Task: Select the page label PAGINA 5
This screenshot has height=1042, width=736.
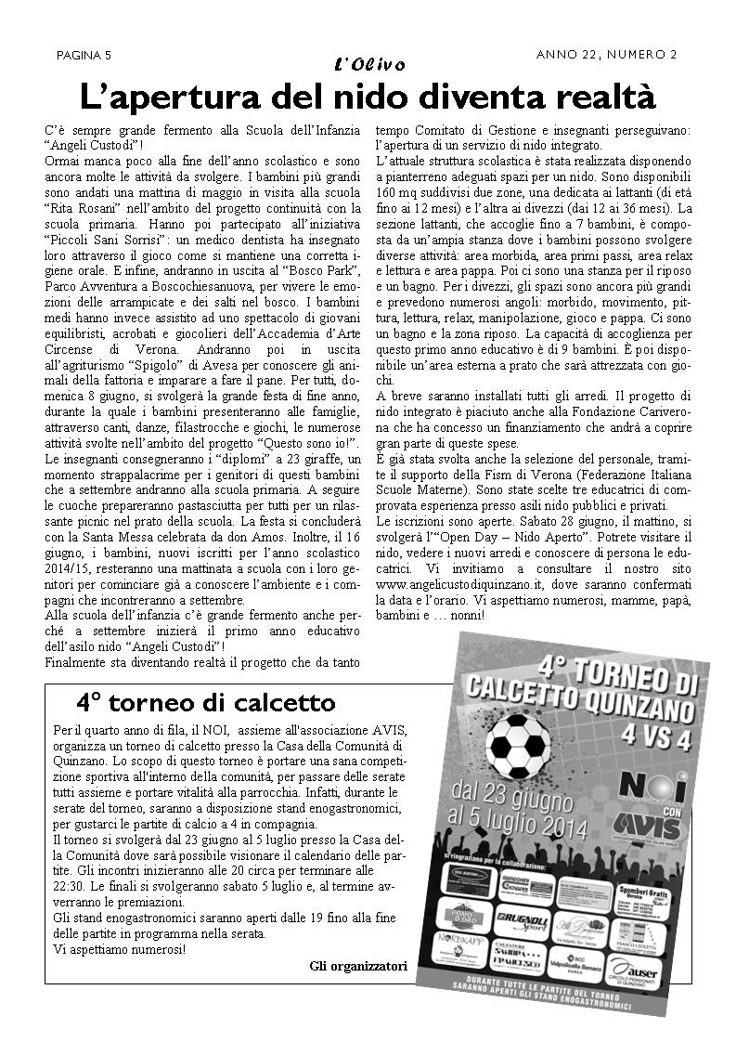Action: tap(84, 55)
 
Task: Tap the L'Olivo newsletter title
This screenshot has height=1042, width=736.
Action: tap(368, 64)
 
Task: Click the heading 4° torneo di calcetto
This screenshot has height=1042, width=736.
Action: tap(205, 701)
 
